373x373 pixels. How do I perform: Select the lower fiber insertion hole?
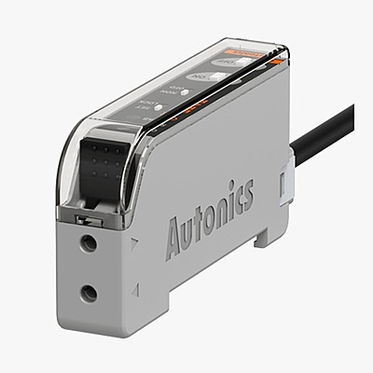[89, 294]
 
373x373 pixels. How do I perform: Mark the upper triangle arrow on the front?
[137, 246]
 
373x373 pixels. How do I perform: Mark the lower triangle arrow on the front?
[137, 291]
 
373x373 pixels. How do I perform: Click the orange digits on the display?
[191, 112]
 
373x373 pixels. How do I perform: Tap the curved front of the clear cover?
[70, 168]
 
